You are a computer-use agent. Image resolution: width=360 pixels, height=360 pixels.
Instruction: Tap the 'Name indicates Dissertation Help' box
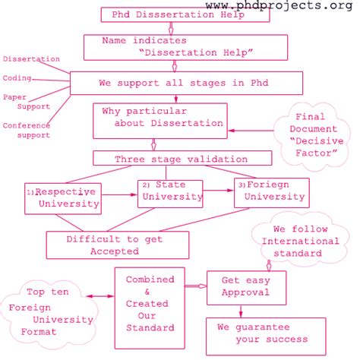pos(185,46)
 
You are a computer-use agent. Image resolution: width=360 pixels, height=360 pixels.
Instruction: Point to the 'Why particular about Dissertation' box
pos(162,117)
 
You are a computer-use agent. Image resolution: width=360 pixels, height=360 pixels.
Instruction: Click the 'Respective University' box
pos(64,197)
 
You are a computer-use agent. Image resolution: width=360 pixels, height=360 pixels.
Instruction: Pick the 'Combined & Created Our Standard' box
pos(150,304)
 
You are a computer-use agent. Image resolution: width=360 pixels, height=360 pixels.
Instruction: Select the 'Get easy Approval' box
pos(242,286)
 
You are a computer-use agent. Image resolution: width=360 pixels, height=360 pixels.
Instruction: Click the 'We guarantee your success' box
pos(261,334)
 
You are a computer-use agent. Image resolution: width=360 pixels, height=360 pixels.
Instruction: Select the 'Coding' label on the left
pos(17,77)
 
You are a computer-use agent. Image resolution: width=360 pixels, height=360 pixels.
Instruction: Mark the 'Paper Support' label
pos(27,102)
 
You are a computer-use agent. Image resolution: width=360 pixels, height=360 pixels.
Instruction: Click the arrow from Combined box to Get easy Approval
pos(195,286)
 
